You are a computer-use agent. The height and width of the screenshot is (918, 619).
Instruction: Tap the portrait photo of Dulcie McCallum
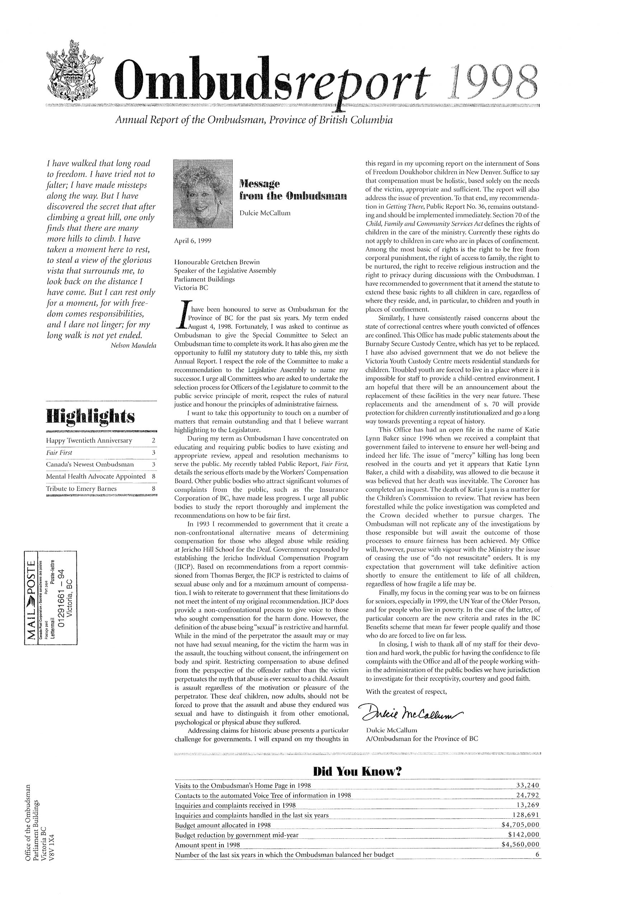pyautogui.click(x=204, y=193)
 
